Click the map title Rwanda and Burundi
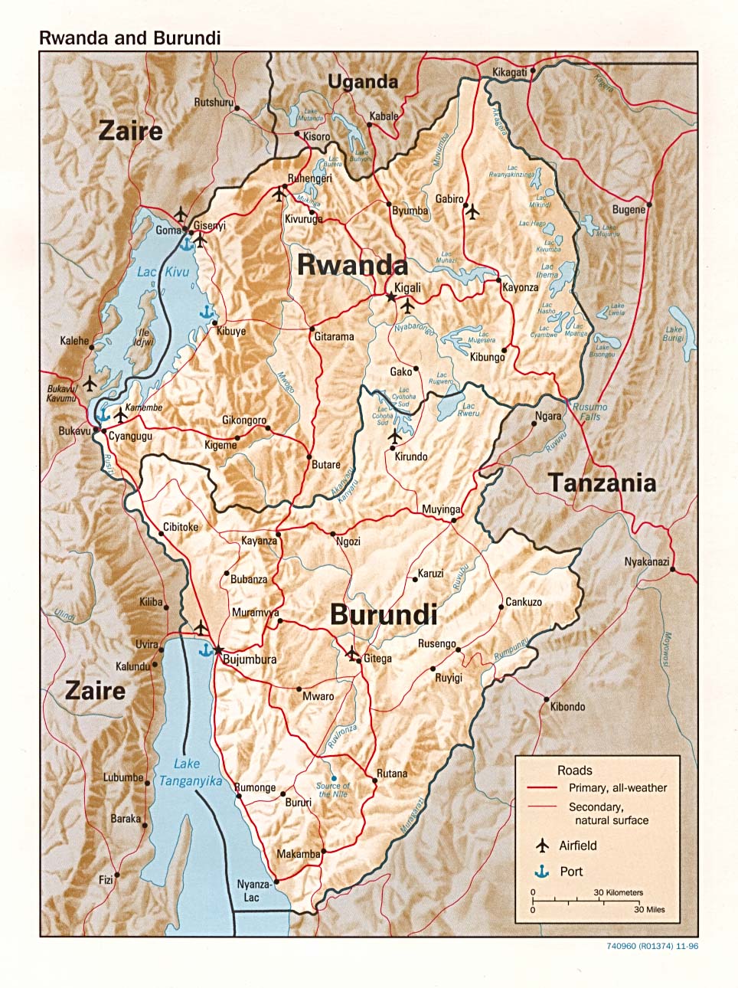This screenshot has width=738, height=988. pyautogui.click(x=130, y=38)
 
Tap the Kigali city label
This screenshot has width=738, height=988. pyautogui.click(x=407, y=287)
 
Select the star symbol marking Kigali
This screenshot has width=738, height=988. pyautogui.click(x=391, y=296)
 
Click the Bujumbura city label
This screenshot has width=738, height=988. pyautogui.click(x=250, y=659)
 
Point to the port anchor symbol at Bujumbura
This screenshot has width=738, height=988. pyautogui.click(x=205, y=649)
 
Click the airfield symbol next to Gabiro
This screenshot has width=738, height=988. pyautogui.click(x=472, y=211)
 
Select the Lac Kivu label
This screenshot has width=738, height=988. pyautogui.click(x=162, y=272)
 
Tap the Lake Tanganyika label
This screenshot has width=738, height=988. pyautogui.click(x=190, y=772)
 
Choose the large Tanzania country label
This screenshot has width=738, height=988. pyautogui.click(x=602, y=483)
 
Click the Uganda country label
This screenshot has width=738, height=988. pyautogui.click(x=363, y=82)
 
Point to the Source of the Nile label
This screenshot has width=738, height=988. pyautogui.click(x=333, y=790)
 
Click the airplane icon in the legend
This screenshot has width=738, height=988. pyautogui.click(x=543, y=846)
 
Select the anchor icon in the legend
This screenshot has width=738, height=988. pyautogui.click(x=543, y=872)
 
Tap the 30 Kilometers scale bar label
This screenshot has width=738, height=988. pyautogui.click(x=618, y=892)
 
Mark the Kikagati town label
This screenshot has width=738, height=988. pyautogui.click(x=510, y=72)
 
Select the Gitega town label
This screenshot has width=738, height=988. pyautogui.click(x=377, y=658)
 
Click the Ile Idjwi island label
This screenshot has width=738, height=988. pyautogui.click(x=143, y=338)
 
